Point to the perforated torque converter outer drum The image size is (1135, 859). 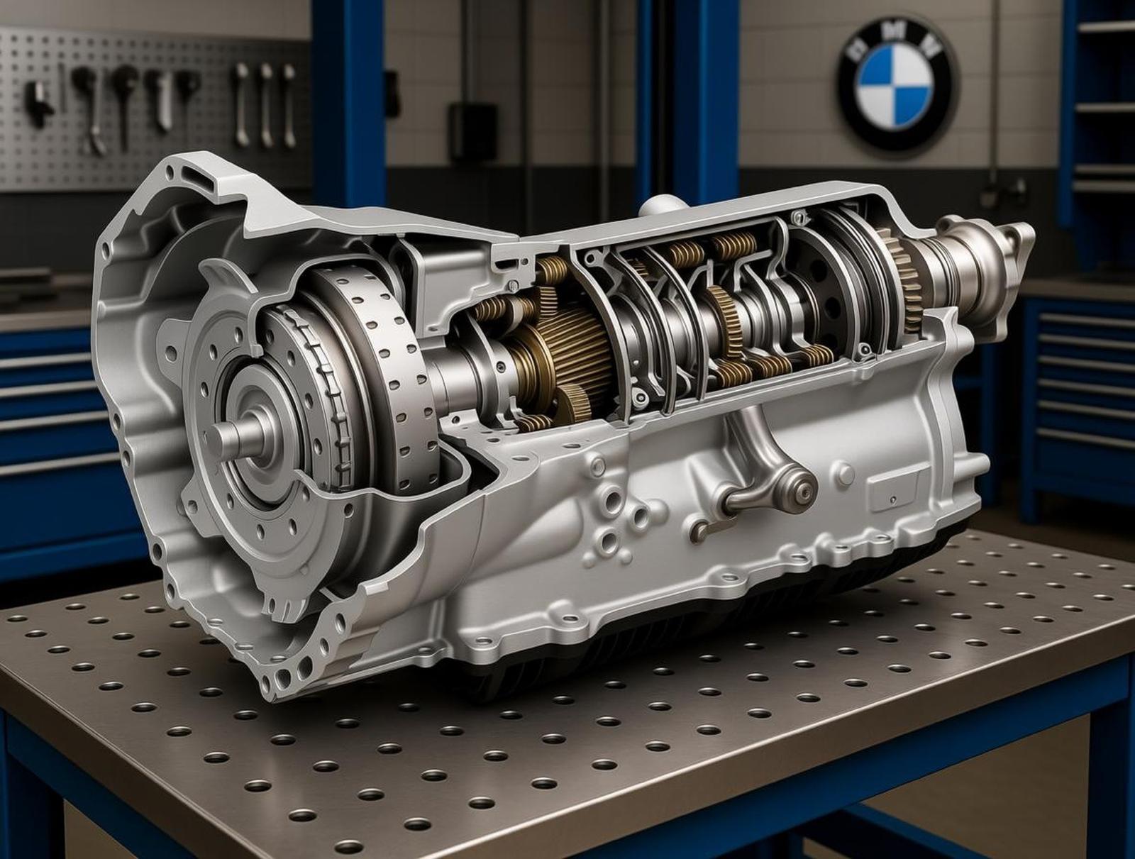pos(383,369)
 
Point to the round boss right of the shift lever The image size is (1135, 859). pos(844,471)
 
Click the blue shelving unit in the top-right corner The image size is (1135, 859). pos(1103,106)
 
